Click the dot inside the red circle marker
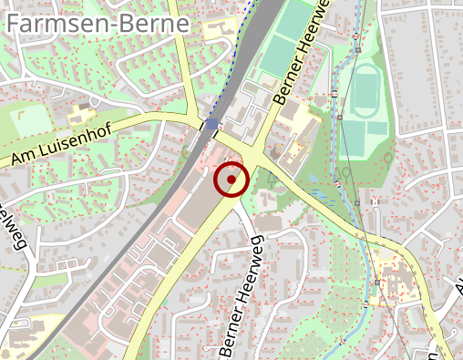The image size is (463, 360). click(231, 180)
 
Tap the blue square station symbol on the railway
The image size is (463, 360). click(211, 124)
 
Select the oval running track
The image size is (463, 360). click(366, 91)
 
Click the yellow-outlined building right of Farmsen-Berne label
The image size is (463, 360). click(219, 30)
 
